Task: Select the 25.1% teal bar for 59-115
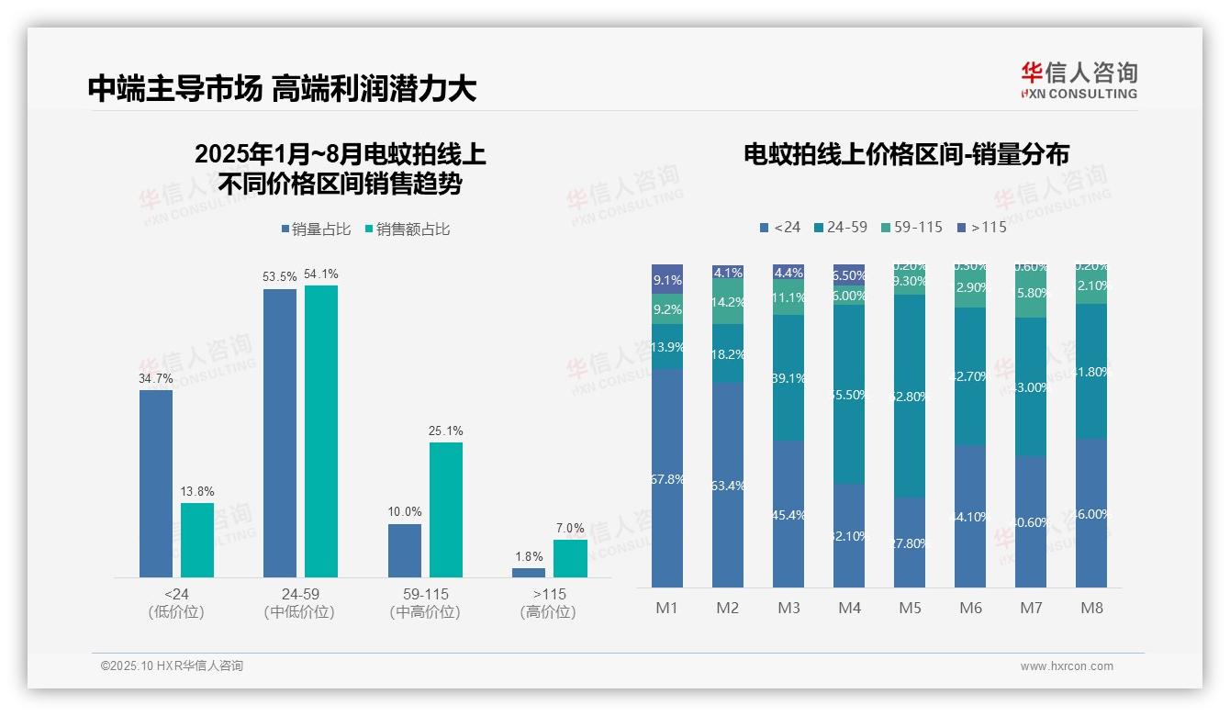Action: tap(446, 509)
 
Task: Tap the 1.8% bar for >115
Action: tap(529, 573)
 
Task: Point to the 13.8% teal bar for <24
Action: tap(196, 540)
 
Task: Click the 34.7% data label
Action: tap(156, 377)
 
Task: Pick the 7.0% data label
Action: tap(570, 528)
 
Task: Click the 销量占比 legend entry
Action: tap(316, 229)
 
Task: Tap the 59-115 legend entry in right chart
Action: tap(911, 227)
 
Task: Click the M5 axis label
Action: tap(910, 608)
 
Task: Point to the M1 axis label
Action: tap(667, 608)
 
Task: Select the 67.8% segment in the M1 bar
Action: tap(667, 478)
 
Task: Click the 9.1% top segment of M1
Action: tap(667, 280)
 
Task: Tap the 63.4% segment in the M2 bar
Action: tap(728, 485)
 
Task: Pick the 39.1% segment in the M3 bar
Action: tap(788, 377)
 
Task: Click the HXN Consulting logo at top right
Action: tap(1079, 81)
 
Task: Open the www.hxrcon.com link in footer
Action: tap(1067, 666)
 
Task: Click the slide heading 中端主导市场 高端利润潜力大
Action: tap(283, 89)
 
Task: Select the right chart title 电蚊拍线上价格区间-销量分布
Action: tap(906, 154)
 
